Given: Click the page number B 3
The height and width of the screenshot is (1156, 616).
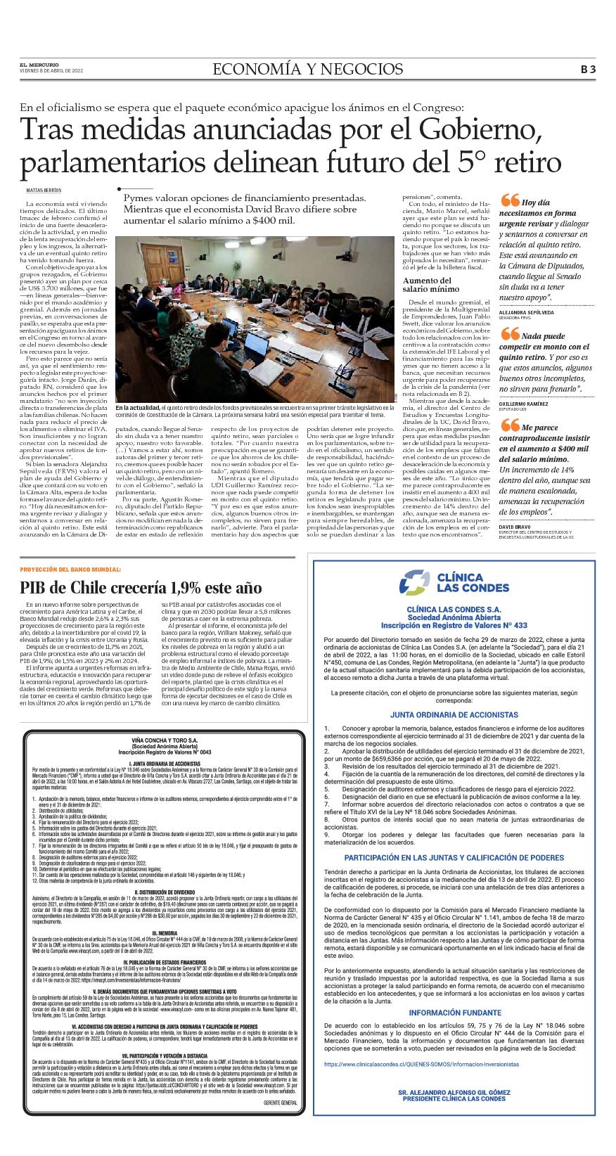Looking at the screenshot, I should click(588, 69).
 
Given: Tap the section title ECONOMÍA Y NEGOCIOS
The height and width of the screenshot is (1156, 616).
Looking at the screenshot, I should click(308, 69).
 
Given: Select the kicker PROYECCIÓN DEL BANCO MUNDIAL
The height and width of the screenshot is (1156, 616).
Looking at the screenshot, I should click(70, 569).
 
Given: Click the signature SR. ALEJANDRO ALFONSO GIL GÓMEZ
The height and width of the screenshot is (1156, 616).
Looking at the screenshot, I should click(452, 1112).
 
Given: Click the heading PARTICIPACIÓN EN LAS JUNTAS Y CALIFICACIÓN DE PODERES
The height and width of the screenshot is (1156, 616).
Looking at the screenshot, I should click(454, 858).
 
